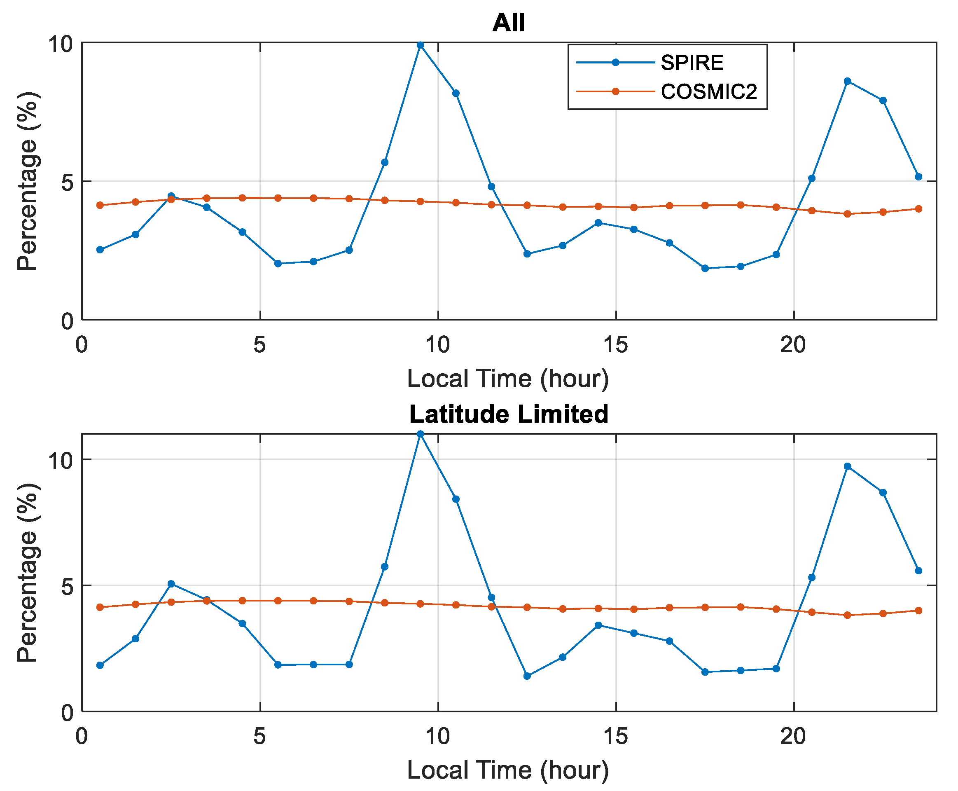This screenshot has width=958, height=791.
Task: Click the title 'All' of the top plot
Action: click(508, 22)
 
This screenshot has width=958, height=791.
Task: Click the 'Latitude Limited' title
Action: click(508, 414)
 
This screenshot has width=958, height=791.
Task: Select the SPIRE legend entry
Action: click(692, 63)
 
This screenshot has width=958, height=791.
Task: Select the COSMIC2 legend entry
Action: click(708, 91)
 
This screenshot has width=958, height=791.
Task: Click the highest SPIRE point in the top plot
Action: click(420, 44)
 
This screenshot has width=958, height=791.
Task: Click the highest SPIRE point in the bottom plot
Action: click(420, 434)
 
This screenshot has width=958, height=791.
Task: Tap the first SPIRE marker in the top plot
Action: click(100, 250)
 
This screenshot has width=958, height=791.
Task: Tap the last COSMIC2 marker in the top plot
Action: click(918, 209)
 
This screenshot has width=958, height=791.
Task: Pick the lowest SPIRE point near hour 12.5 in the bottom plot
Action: click(527, 676)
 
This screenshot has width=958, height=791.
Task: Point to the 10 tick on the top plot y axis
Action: click(61, 44)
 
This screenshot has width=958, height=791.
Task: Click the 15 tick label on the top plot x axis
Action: click(615, 345)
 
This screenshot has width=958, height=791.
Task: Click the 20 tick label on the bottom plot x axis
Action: click(793, 737)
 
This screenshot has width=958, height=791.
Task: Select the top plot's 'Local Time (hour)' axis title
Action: click(508, 379)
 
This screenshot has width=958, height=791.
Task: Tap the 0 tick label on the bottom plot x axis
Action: click(82, 737)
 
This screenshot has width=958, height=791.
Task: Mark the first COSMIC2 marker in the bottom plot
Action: click(100, 607)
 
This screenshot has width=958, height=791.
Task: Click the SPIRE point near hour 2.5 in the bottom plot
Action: click(171, 584)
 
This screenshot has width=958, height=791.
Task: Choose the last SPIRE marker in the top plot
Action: click(918, 177)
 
